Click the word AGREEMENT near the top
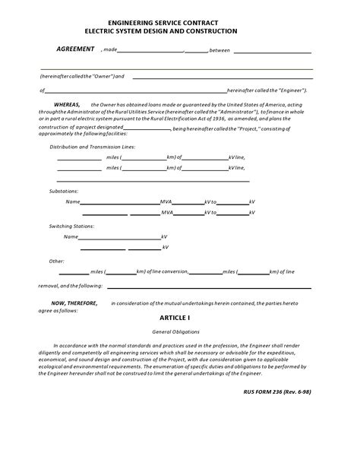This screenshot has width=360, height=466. pyautogui.click(x=75, y=49)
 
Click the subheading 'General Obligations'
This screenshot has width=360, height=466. pyautogui.click(x=175, y=332)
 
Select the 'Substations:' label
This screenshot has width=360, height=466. pyautogui.click(x=63, y=191)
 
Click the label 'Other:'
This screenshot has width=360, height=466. pyautogui.click(x=56, y=261)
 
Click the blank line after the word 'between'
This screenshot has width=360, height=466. pyautogui.click(x=272, y=52)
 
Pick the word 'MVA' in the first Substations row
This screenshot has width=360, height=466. pyautogui.click(x=166, y=202)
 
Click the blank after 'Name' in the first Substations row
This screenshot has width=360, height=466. pyautogui.click(x=119, y=202)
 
